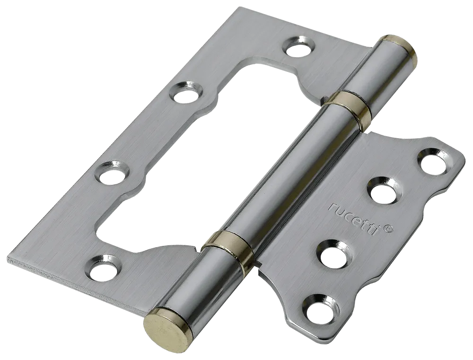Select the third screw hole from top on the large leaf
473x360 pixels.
[x=112, y=174]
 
